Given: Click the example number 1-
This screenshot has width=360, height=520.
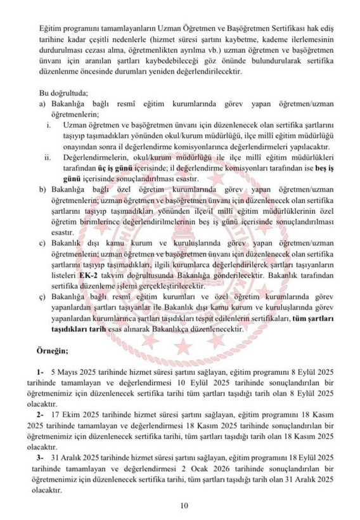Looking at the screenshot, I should pyautogui.click(x=41, y=370).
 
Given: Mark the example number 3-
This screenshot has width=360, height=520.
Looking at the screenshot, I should pyautogui.click(x=41, y=457).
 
